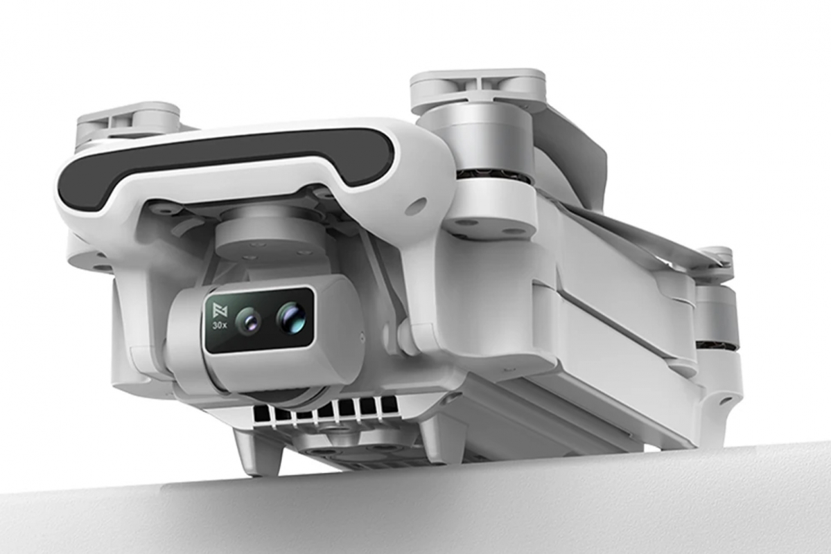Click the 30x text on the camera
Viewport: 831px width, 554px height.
pyautogui.click(x=220, y=325)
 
